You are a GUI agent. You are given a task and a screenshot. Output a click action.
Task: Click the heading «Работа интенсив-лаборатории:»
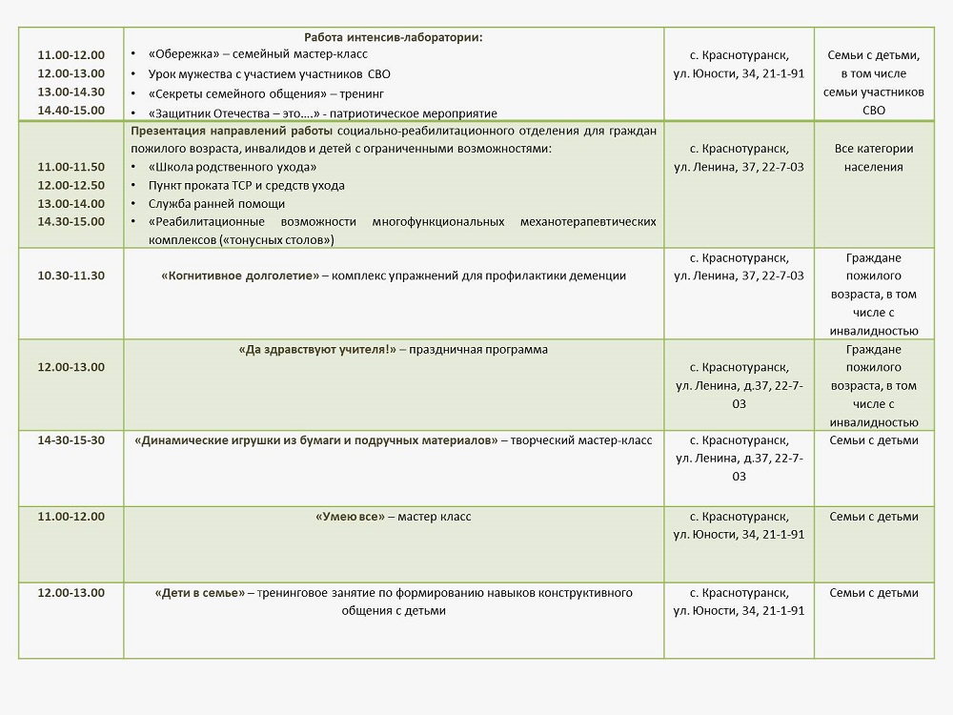394,37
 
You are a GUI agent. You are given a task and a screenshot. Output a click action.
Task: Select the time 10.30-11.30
71,276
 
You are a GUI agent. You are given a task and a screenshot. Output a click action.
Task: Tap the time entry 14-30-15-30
71,440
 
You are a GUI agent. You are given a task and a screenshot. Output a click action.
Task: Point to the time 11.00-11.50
71,167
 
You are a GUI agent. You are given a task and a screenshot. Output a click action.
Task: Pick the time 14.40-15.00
71,111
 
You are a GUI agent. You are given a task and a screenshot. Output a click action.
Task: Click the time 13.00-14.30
71,92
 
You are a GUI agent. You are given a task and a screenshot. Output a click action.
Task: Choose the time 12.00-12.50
71,185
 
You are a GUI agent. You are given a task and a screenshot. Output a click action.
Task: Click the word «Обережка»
180,54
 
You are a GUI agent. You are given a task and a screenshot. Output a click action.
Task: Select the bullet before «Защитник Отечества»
135,113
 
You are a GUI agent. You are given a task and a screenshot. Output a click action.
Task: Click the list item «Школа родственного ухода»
220,167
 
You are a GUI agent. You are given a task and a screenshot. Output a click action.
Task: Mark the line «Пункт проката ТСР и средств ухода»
247,185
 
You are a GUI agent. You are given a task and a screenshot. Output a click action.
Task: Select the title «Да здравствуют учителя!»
318,350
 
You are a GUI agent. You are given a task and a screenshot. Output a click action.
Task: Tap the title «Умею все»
349,517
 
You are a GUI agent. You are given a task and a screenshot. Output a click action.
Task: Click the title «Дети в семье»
199,593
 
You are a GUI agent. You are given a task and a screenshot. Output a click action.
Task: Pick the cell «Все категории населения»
873,157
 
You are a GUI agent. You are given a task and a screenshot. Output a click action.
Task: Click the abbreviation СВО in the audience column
873,111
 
